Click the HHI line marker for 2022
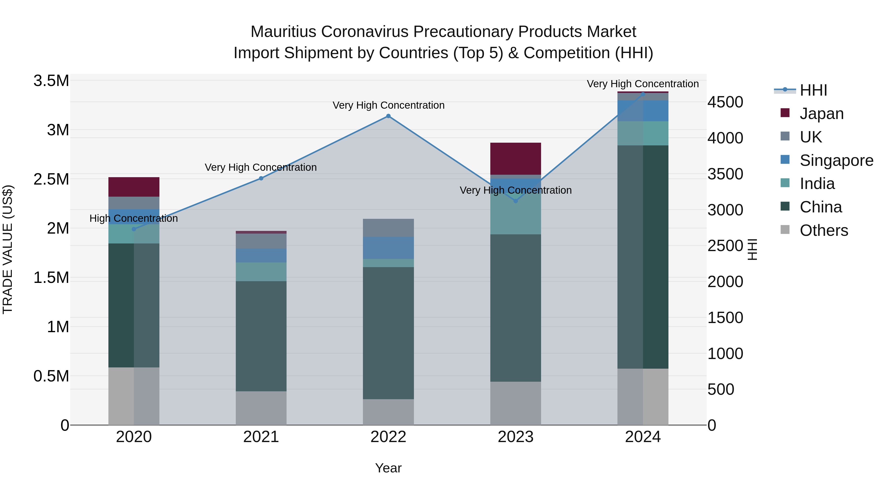tap(388, 116)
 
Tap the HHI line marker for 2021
tap(261, 178)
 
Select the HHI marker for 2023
tap(515, 201)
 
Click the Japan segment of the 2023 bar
tap(515, 159)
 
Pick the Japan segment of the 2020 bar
tap(134, 187)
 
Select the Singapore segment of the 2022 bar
tap(388, 248)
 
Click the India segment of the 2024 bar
tap(643, 133)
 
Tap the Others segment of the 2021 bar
tap(261, 408)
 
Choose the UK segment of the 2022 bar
tap(388, 228)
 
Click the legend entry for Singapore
tap(836, 160)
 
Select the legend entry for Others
tap(824, 230)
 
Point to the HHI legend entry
tap(813, 90)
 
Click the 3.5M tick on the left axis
tap(51, 81)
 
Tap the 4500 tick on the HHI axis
tap(725, 102)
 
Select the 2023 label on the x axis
tap(515, 437)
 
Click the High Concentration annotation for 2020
tap(134, 218)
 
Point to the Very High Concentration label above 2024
tap(643, 84)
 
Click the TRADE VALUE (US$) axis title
tap(8, 249)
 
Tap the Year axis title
tap(388, 468)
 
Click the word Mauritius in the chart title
tap(283, 32)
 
